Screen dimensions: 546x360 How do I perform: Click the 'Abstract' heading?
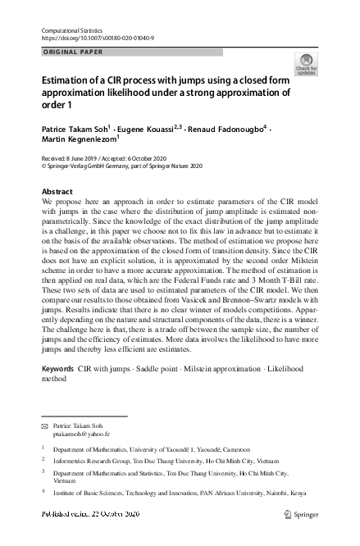click(57, 191)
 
